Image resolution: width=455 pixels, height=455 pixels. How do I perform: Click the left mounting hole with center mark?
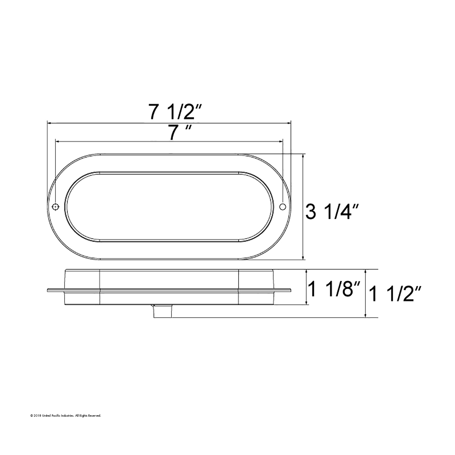[55, 207]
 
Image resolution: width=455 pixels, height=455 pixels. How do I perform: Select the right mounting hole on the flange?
[282, 207]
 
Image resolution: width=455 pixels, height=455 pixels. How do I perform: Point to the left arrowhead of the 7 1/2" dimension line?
[49, 123]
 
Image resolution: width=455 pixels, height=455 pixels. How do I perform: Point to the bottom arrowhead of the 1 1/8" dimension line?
[307, 303]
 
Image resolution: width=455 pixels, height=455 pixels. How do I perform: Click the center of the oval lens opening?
[169, 207]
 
